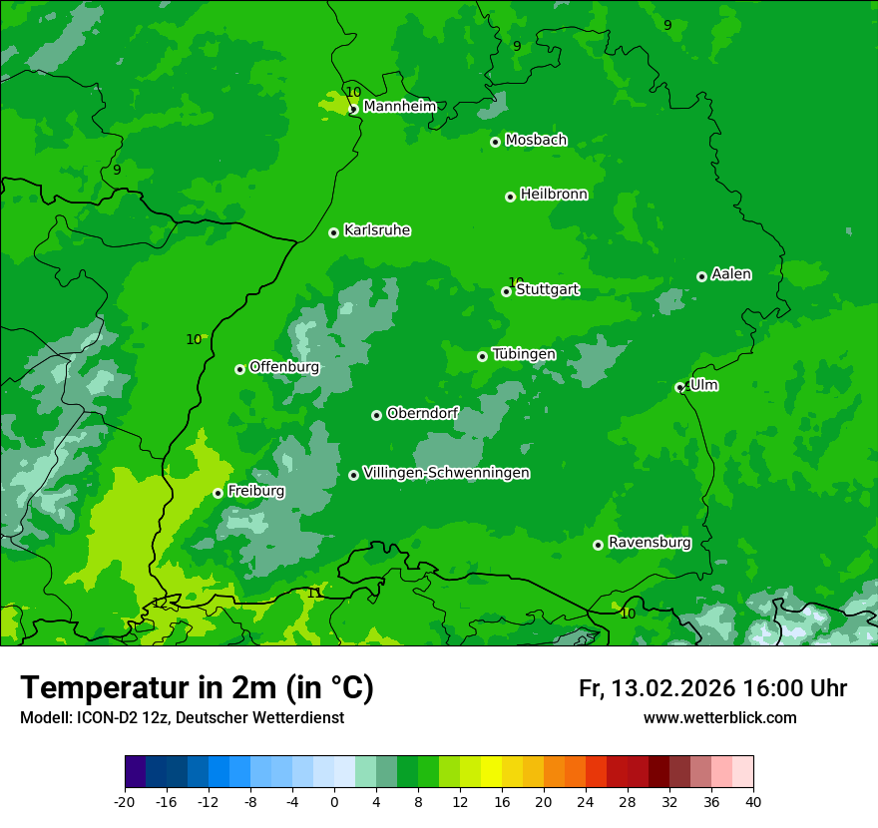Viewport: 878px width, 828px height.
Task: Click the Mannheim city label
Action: coord(400,107)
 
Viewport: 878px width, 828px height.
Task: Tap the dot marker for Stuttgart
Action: coord(506,291)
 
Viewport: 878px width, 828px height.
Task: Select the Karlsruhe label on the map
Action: coord(377,230)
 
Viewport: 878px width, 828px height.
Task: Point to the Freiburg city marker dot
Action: coord(218,493)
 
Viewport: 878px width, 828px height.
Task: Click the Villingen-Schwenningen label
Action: coord(446,473)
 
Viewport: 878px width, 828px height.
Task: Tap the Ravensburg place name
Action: coord(650,543)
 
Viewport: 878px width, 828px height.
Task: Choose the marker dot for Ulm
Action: coord(679,387)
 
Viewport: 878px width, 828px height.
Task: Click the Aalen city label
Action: coord(731,274)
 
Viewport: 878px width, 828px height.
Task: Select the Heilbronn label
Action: coord(554,195)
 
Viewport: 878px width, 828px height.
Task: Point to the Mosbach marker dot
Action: coord(495,142)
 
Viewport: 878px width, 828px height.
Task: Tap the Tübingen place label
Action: coord(524,354)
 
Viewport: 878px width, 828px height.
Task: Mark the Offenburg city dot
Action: coord(239,369)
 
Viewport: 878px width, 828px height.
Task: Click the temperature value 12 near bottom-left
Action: coord(160,603)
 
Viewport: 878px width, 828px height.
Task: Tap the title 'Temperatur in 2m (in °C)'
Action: coord(197,688)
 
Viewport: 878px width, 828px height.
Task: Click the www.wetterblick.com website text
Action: coord(719,717)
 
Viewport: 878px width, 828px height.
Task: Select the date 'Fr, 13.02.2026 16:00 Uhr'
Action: coord(712,688)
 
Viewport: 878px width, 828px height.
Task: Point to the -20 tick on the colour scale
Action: coord(125,801)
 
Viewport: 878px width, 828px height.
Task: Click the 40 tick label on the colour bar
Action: coord(753,801)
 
